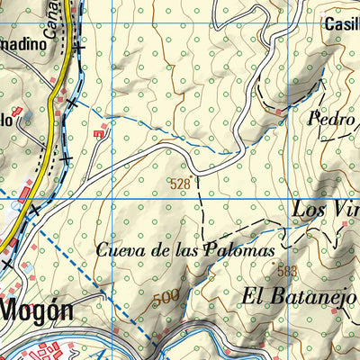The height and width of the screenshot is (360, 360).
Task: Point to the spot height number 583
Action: [x=287, y=271]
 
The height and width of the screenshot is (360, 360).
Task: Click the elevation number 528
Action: [x=179, y=184]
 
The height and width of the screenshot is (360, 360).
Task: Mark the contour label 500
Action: [x=165, y=297]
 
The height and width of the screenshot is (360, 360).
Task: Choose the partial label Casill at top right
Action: [x=342, y=24]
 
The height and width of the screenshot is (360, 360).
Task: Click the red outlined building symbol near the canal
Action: [x=98, y=133]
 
